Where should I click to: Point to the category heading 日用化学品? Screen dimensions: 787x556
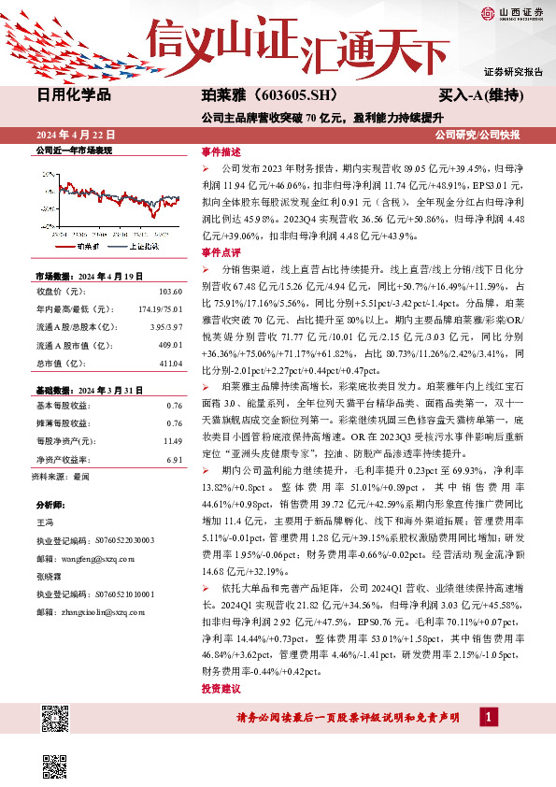(74, 94)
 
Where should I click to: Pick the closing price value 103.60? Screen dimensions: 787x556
(170, 292)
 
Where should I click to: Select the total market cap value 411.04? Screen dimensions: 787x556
(170, 362)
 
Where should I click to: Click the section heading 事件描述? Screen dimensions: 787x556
(221, 151)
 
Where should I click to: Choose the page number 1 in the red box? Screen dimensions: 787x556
(486, 717)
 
